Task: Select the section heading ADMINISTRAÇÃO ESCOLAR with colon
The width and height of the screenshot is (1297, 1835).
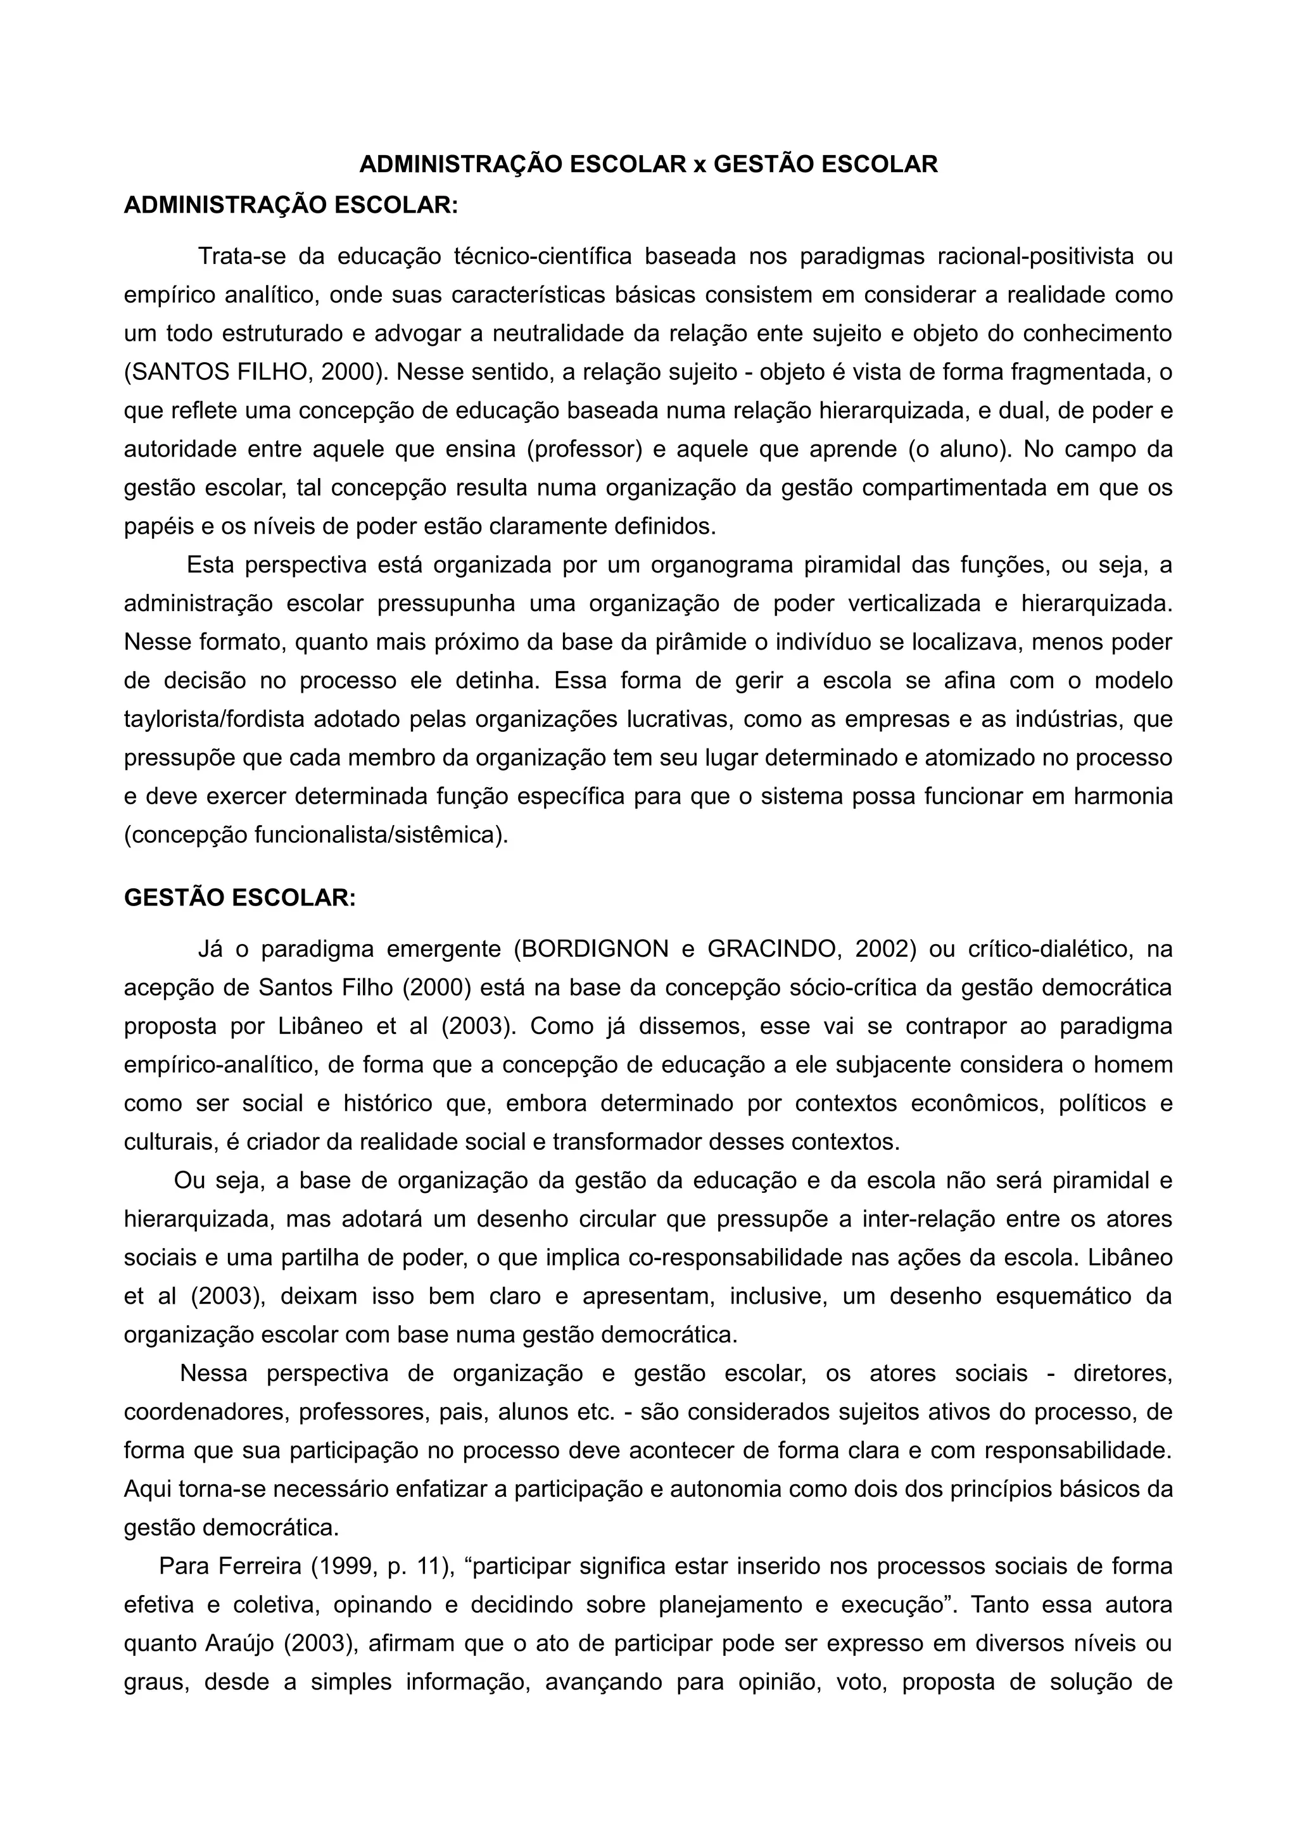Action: [291, 205]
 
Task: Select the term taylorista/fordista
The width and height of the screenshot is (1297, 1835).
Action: [214, 719]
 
